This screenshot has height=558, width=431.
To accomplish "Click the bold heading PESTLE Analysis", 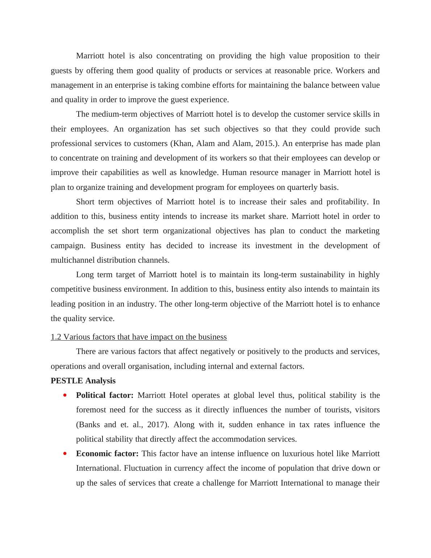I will tap(83, 381).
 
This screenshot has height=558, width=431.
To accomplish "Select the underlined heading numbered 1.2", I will tap(139, 337).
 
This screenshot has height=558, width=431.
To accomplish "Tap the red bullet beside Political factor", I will tap(65, 395).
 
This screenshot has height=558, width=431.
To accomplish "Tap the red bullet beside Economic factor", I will tap(65, 453).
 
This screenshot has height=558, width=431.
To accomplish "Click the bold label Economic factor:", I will tap(107, 454).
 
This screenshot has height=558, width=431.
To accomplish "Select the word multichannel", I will tap(73, 260).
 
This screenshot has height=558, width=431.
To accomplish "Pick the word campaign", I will tap(67, 246).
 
